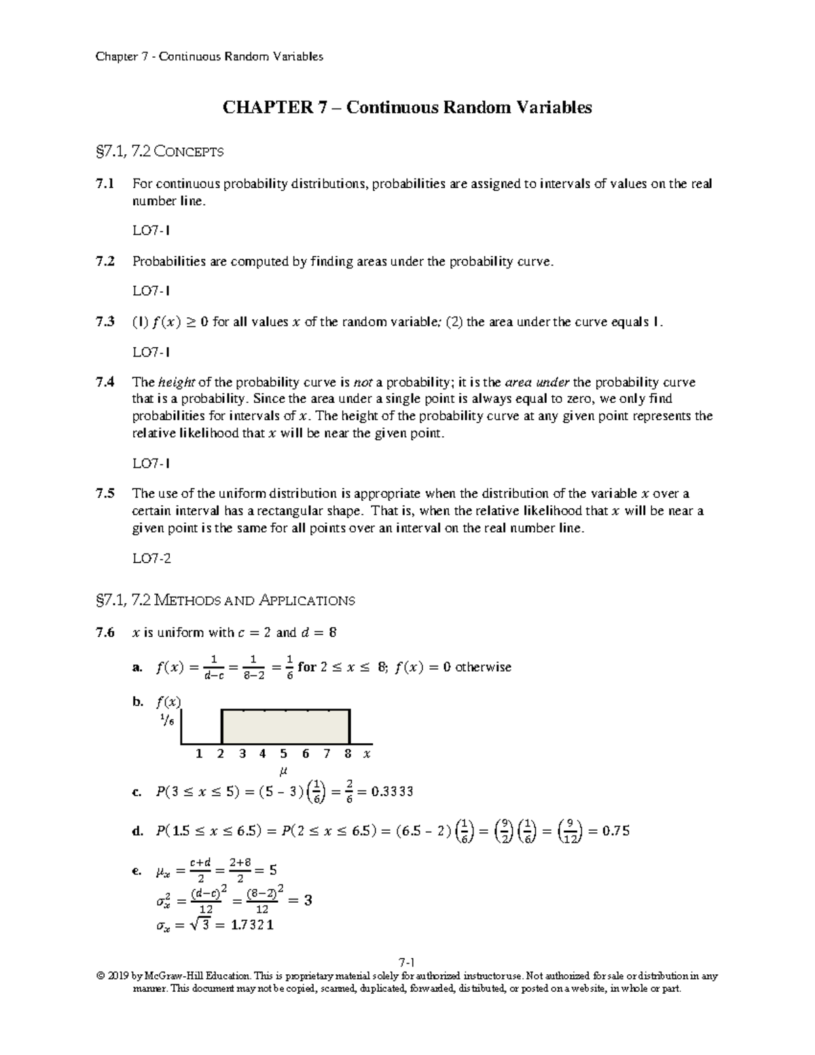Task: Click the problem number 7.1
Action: point(105,184)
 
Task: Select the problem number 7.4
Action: point(105,382)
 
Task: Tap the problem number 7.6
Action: point(105,632)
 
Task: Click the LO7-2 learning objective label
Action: point(151,558)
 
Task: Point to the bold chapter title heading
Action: point(407,107)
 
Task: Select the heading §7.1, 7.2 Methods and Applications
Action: point(226,600)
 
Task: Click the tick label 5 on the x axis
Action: point(283,753)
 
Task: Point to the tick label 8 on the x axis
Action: point(348,753)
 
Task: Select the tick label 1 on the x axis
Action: point(199,753)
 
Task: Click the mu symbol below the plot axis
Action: point(283,771)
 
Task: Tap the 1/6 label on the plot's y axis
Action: point(167,721)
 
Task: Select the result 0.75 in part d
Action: point(613,830)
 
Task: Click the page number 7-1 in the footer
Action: point(407,962)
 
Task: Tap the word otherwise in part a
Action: point(483,667)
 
